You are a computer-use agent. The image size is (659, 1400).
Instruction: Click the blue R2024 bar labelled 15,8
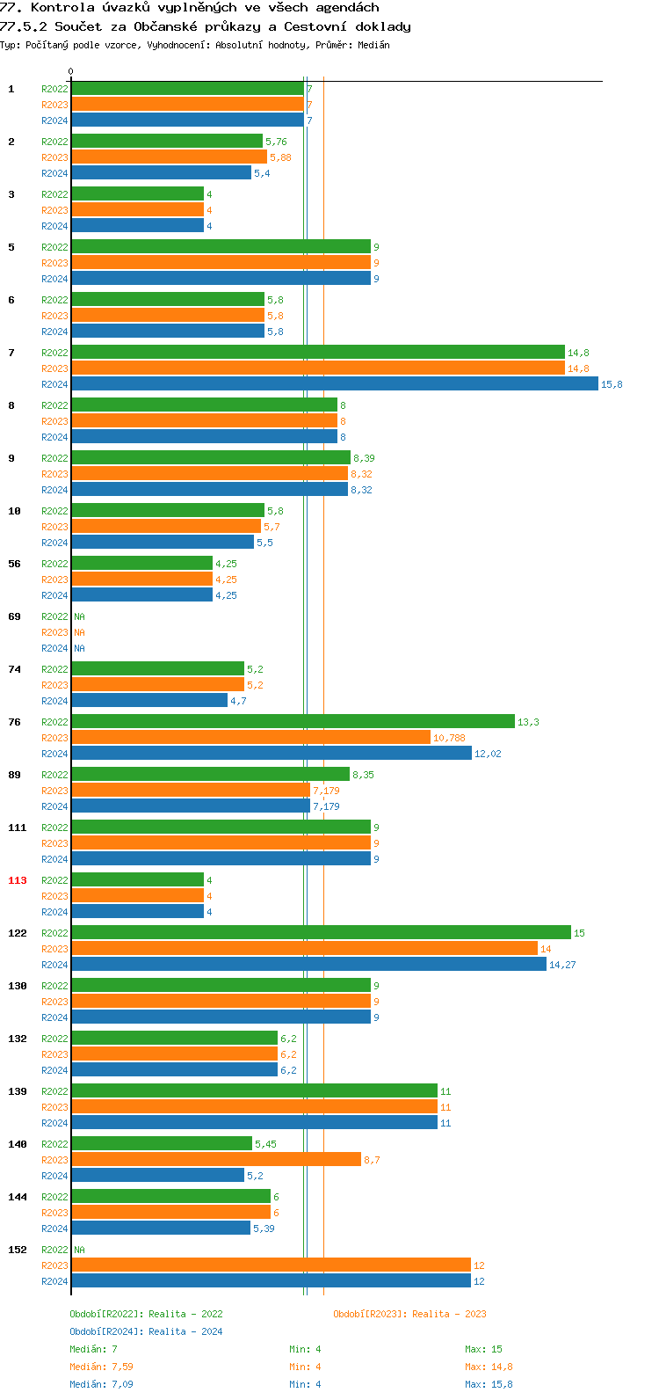pyautogui.click(x=334, y=384)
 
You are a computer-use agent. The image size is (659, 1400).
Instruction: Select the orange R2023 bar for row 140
pyautogui.click(x=215, y=1160)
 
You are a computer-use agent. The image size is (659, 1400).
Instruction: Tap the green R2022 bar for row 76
pyautogui.click(x=293, y=722)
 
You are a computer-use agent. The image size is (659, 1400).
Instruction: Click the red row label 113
pyautogui.click(x=18, y=880)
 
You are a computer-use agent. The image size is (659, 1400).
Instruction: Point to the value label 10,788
pyautogui.click(x=449, y=738)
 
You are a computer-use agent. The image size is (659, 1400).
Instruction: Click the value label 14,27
pyautogui.click(x=562, y=965)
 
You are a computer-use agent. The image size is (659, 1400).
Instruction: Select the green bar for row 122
pyautogui.click(x=321, y=933)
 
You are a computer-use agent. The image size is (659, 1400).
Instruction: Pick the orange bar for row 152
pyautogui.click(x=271, y=1265)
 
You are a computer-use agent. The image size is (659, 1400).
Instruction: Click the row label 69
pyautogui.click(x=14, y=616)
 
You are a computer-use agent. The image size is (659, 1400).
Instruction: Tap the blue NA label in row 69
pyautogui.click(x=79, y=648)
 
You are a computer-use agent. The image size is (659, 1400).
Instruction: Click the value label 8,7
pyautogui.click(x=372, y=1160)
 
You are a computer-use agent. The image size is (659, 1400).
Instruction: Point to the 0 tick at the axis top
pyautogui.click(x=71, y=72)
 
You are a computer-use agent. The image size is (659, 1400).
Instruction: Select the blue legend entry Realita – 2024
pyautogui.click(x=185, y=1331)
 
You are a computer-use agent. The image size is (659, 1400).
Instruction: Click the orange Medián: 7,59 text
pyautogui.click(x=101, y=1367)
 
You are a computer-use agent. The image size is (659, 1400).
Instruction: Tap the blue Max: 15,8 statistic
pyautogui.click(x=489, y=1384)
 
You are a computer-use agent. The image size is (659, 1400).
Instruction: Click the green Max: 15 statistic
pyautogui.click(x=483, y=1349)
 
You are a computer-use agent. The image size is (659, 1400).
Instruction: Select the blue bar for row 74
pyautogui.click(x=148, y=701)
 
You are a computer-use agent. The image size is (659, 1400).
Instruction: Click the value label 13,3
pyautogui.click(x=528, y=722)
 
